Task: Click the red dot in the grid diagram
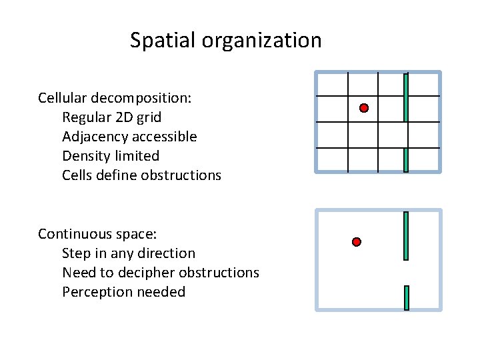tap(364, 108)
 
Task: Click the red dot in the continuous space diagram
tap(357, 241)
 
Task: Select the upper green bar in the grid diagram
tap(406, 97)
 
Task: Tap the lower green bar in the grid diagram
tap(406, 160)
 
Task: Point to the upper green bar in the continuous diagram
tap(406, 235)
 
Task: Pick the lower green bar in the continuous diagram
tap(406, 297)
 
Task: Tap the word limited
tap(137, 157)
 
